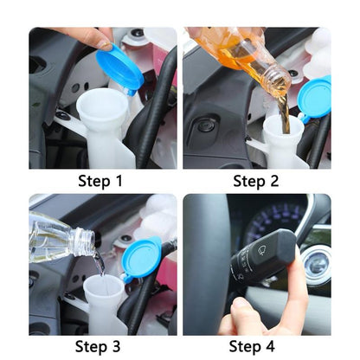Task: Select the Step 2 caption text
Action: (x=257, y=181)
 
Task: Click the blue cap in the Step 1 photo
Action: (x=120, y=68)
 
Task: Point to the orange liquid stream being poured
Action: (x=283, y=112)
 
